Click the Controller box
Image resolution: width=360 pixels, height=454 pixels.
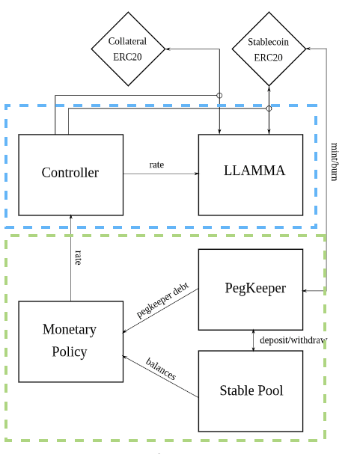(70, 175)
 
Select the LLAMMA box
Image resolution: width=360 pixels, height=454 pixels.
(251, 175)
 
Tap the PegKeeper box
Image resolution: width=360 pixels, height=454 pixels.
(251, 289)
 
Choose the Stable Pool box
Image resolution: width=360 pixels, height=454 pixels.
(251, 391)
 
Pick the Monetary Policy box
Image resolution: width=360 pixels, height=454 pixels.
(70, 342)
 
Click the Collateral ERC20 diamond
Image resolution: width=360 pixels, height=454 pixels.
(128, 49)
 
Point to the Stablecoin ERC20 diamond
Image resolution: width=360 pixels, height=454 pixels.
(269, 49)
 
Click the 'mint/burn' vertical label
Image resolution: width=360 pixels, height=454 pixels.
(335, 162)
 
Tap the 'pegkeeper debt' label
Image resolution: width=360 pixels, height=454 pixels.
(162, 300)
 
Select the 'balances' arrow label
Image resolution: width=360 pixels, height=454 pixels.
(161, 369)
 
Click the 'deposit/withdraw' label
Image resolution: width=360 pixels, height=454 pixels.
(293, 340)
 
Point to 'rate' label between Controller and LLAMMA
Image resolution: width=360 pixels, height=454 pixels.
(156, 165)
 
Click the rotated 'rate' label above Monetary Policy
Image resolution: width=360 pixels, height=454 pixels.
(78, 258)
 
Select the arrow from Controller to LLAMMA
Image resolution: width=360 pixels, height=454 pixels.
(161, 174)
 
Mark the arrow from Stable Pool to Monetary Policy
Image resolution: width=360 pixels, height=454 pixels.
(161, 377)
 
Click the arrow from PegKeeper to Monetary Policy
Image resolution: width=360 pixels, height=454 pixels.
(161, 310)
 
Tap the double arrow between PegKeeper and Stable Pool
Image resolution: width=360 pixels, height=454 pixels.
(254, 340)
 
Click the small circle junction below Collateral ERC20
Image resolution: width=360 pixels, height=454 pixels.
(219, 95)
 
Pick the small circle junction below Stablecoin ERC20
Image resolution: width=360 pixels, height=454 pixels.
(269, 108)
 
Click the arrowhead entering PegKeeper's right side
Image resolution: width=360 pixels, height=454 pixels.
(305, 290)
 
